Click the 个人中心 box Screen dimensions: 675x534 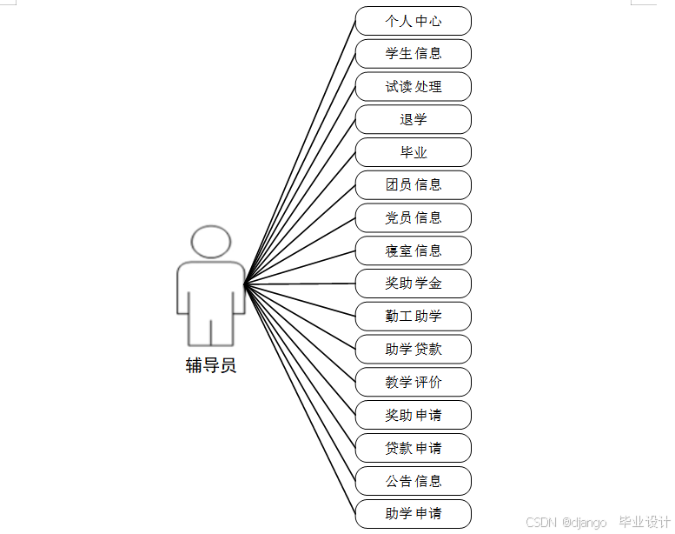414,21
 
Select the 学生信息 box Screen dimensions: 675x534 414,54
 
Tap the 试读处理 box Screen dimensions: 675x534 414,87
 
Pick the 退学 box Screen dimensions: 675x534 414,120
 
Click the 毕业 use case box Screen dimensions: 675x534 414,152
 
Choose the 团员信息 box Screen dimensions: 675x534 414,185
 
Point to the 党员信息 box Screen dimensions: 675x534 414,218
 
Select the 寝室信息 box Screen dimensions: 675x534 414,251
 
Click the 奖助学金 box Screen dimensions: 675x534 414,284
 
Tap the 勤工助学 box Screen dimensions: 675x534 414,317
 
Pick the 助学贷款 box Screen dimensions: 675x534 414,350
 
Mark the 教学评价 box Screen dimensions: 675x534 414,383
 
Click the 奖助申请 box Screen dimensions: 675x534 414,416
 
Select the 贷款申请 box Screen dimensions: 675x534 414,449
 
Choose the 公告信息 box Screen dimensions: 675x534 414,481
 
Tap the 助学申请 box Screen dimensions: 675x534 414,514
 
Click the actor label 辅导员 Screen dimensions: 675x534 211,365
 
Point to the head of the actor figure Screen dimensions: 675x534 211,242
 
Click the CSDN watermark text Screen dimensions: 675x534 540,523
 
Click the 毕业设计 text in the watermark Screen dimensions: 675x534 644,523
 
